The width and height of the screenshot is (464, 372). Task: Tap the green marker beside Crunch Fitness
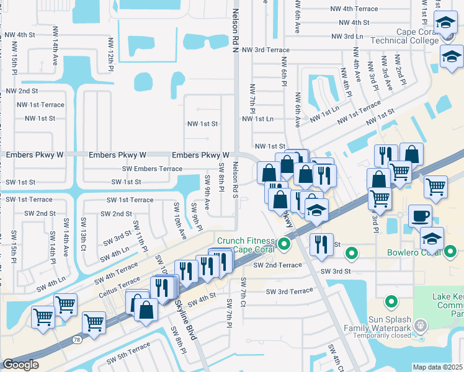pos(285,244)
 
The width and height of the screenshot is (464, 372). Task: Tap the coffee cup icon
pos(420,216)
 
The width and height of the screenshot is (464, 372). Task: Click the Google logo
pos(20,365)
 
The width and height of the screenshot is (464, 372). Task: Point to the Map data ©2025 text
pos(437,367)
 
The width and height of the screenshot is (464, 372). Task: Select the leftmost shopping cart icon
pos(42,316)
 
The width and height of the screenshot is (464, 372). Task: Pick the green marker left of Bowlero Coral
pos(352,253)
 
